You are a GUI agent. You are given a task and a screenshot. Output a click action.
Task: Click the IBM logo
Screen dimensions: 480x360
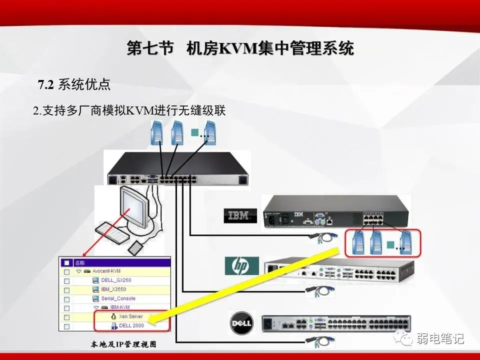tap(239, 215)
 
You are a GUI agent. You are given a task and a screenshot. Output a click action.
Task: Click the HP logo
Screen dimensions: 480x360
tap(241, 266)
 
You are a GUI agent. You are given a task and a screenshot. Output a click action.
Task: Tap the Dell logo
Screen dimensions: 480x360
tap(242, 323)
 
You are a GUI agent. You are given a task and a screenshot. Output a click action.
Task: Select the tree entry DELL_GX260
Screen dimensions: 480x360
tap(115, 280)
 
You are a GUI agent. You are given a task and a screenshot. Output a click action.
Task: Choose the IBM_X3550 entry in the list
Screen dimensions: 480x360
tap(114, 289)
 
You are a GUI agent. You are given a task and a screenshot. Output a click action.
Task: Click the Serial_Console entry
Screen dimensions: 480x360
tap(118, 298)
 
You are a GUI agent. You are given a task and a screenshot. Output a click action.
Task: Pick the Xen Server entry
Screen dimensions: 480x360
tap(130, 316)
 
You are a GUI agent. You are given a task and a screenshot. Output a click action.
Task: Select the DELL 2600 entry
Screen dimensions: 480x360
tap(131, 325)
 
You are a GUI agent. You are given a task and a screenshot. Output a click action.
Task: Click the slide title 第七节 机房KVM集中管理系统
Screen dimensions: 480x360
tap(240, 49)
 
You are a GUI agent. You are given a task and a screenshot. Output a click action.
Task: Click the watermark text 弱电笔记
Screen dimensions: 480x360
tap(440, 338)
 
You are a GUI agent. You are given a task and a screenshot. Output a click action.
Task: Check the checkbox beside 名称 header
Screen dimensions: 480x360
tap(66, 262)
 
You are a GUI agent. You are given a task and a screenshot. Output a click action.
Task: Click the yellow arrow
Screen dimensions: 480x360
tap(250, 285)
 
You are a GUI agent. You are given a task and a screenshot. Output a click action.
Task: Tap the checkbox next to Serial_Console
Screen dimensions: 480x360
tap(66, 298)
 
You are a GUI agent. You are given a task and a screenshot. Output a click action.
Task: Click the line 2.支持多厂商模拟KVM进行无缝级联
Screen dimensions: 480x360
tap(129, 110)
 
